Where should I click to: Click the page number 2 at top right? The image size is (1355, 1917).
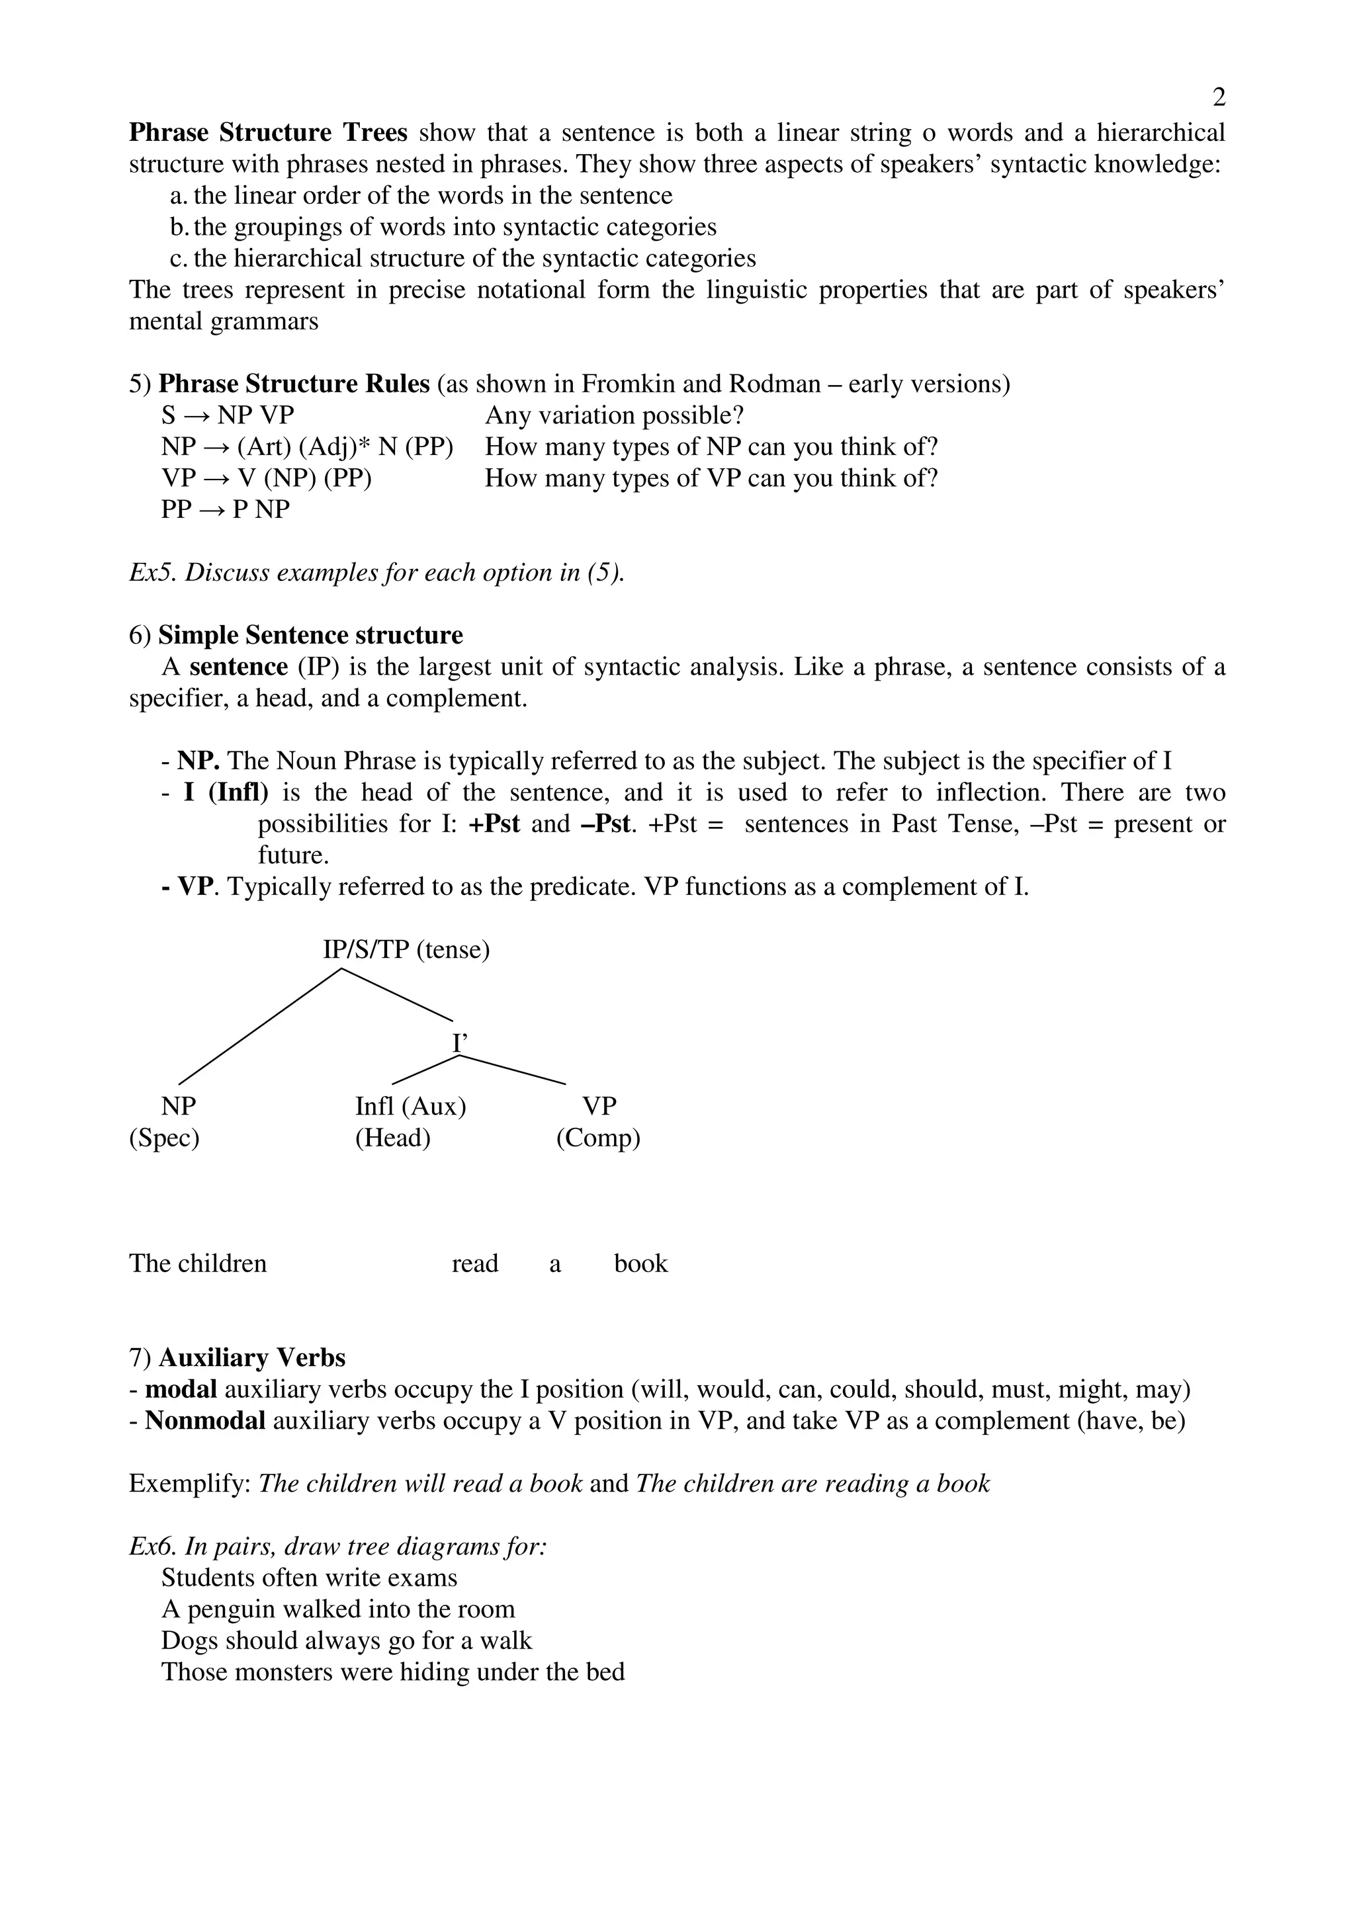click(1218, 99)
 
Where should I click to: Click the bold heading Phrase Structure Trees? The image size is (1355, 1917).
click(268, 133)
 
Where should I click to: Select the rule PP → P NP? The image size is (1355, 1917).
click(226, 509)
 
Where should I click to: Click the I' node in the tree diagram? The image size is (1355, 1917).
click(460, 1043)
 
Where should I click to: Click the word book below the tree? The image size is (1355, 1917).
click(640, 1263)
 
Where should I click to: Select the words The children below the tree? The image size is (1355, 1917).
click(198, 1263)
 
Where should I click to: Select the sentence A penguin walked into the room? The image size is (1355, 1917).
click(337, 1609)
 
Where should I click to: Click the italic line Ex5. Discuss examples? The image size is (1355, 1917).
click(376, 573)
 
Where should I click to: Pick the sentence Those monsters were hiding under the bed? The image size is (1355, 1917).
click(392, 1672)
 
